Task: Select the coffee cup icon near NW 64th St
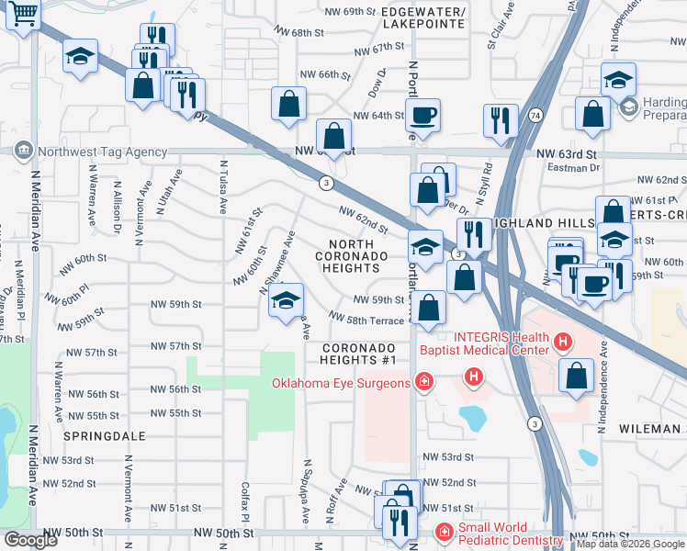coord(422,116)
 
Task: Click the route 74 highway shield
coord(535,115)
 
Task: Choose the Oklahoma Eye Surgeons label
coord(341,382)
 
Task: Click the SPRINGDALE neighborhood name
coord(101,436)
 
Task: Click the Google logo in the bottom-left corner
coord(30,540)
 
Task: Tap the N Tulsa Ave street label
coord(222,185)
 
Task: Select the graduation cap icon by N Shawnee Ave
coord(286,299)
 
